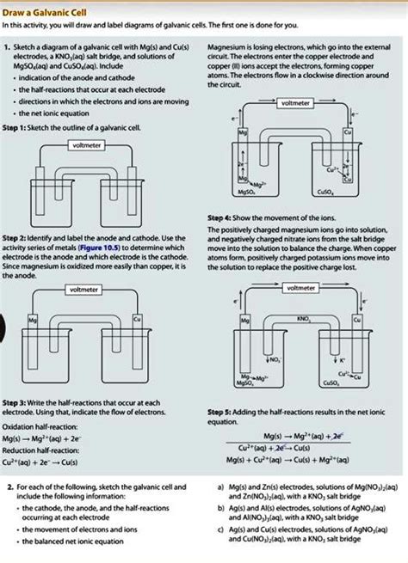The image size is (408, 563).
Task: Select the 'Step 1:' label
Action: click(18, 127)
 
